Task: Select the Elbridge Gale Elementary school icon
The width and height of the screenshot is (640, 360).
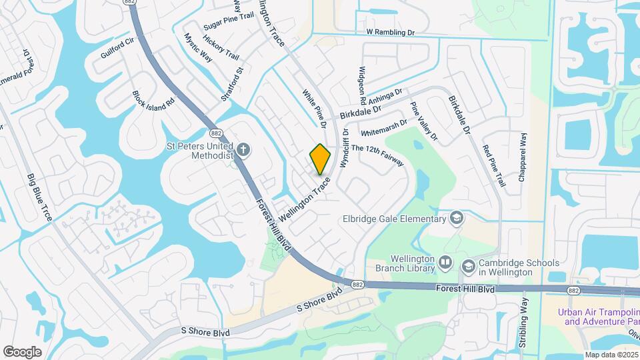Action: (x=457, y=218)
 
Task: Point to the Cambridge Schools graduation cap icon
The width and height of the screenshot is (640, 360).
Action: (x=468, y=266)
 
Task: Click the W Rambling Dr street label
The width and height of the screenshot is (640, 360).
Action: (x=391, y=31)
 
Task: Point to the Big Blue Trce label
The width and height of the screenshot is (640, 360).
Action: (x=40, y=197)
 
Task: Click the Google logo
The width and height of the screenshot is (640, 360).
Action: (x=22, y=351)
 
